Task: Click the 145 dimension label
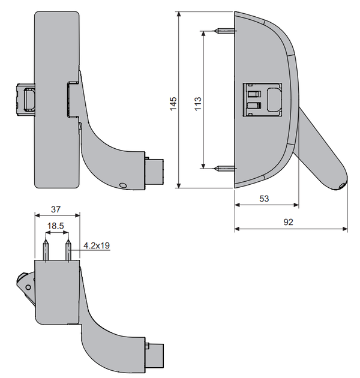click(173, 104)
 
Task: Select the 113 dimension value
click(198, 104)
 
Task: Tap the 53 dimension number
click(264, 199)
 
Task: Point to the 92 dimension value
click(289, 222)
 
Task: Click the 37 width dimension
click(56, 209)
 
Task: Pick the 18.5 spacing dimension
click(55, 226)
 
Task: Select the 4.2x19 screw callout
click(97, 245)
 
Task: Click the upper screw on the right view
click(224, 31)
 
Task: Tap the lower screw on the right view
click(224, 168)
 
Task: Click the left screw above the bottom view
click(46, 250)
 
